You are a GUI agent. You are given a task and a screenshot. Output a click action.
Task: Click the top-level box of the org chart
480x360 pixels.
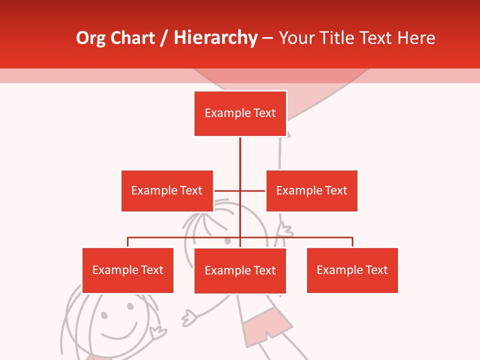pos(240,113)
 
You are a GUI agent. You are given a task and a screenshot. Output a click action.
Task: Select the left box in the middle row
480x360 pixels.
pos(167,190)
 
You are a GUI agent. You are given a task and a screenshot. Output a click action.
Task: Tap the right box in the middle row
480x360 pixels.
pos(311,190)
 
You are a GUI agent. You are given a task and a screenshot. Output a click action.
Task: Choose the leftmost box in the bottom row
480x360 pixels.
pos(127,270)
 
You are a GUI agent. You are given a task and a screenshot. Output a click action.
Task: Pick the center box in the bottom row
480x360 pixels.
pos(240,270)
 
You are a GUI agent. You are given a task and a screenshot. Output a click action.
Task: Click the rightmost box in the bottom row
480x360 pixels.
pos(352,270)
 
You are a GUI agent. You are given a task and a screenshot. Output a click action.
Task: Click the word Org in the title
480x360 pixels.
pos(90,38)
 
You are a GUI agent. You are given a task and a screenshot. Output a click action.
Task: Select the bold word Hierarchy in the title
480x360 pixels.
pos(215,38)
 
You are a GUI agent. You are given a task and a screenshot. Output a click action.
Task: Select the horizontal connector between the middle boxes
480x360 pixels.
pos(227,190)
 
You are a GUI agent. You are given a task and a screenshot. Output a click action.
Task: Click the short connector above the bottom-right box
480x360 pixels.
pos(352,242)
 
